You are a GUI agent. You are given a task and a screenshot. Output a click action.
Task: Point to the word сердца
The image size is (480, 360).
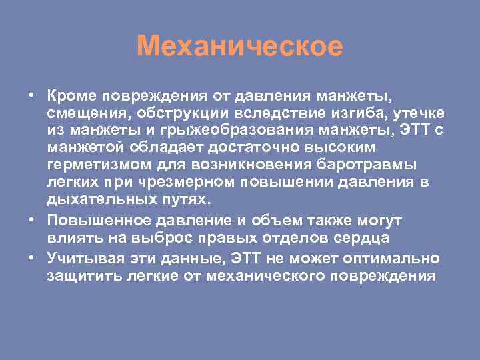367,238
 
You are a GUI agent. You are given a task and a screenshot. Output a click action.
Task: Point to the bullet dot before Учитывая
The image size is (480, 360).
32,257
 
